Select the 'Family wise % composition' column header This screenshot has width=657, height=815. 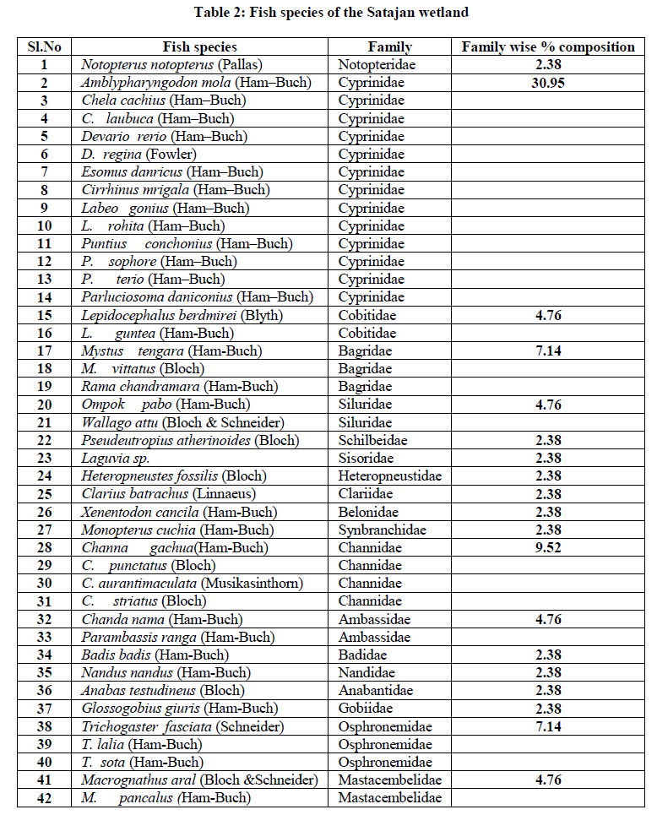click(x=547, y=47)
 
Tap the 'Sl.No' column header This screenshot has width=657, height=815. click(x=43, y=47)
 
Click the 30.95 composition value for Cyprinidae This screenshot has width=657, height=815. click(x=547, y=83)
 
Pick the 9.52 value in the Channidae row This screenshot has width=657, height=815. click(x=547, y=547)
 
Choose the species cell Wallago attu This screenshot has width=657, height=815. click(x=182, y=422)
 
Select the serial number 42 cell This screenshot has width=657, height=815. click(x=43, y=797)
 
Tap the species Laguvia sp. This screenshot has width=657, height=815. click(x=115, y=458)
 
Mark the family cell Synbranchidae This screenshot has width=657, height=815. click(x=383, y=530)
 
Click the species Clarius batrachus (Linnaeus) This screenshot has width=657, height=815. click(x=168, y=493)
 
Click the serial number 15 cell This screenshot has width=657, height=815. click(x=43, y=315)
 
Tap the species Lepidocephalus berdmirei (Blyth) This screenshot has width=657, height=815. click(x=182, y=315)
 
